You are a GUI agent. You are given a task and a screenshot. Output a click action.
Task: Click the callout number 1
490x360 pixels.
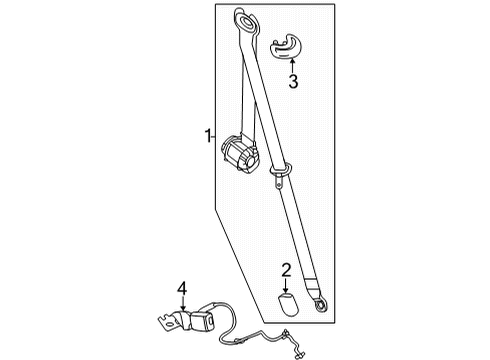tap(207, 136)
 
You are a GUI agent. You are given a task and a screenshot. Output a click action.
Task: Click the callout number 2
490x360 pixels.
tap(285, 269)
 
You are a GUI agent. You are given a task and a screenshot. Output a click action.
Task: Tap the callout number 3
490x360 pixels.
tap(293, 82)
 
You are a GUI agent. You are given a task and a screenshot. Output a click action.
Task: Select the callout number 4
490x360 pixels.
tap(182, 291)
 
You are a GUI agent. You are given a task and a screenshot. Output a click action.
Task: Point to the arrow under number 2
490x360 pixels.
tap(285, 284)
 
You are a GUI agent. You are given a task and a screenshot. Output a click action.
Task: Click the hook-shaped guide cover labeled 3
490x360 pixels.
tap(286, 46)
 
